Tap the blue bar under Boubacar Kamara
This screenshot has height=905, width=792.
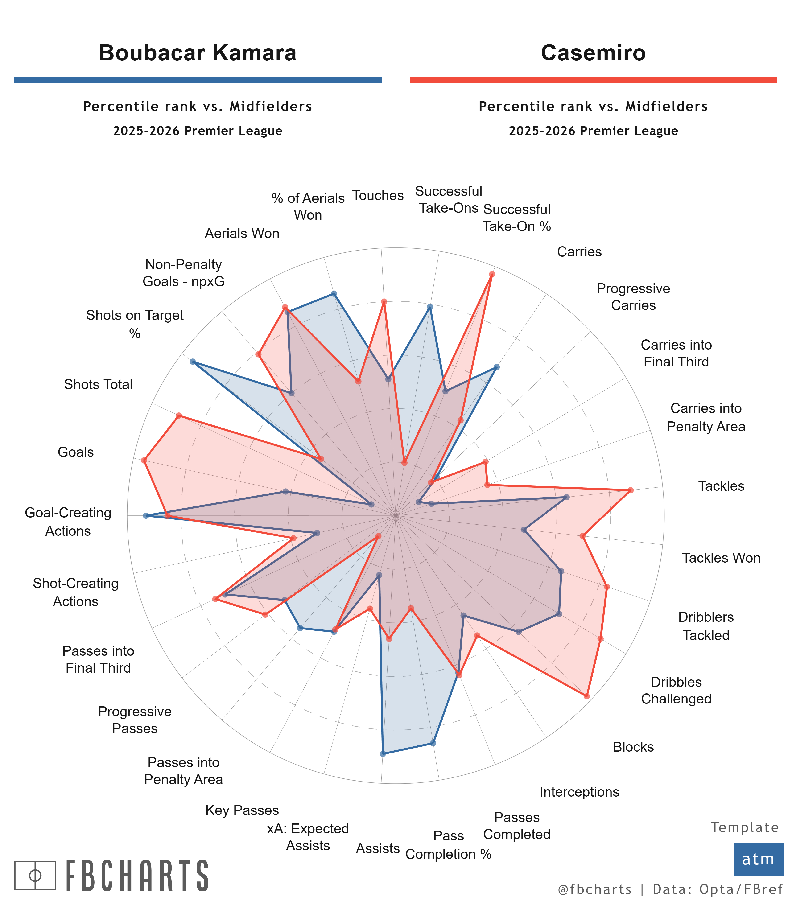point(198,80)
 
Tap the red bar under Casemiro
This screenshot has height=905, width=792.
point(593,80)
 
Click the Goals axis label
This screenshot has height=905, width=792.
point(76,452)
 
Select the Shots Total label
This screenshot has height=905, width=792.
point(98,384)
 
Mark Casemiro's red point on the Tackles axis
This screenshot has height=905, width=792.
point(631,490)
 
